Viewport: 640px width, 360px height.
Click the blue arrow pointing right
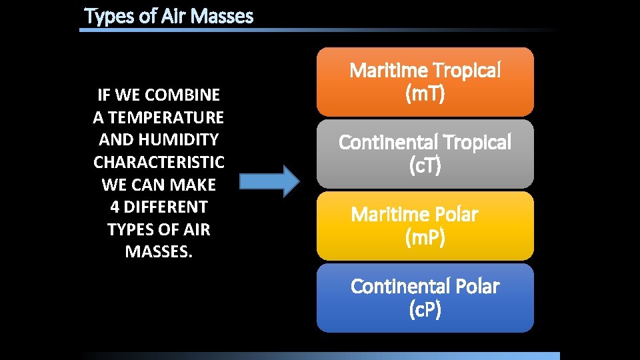269,181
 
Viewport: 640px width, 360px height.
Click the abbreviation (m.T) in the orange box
425,94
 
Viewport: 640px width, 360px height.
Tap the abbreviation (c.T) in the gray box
425,166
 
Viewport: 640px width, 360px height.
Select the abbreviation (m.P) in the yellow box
425,238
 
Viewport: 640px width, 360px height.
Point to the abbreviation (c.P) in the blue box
425,310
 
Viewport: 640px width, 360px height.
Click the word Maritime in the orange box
388,70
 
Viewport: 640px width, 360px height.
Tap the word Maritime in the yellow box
389,214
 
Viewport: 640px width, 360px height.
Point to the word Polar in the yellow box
455,214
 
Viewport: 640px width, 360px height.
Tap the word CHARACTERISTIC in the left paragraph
159,162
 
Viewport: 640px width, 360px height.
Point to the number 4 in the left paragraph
114,207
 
